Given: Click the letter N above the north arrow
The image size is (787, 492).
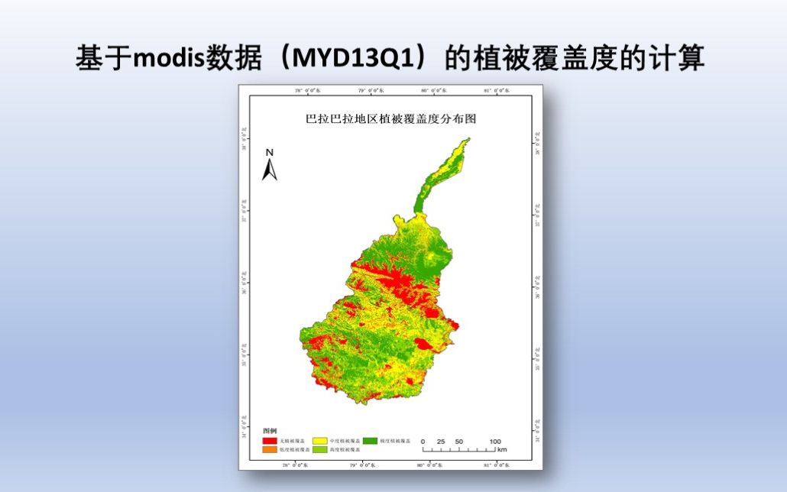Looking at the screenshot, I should click(270, 152).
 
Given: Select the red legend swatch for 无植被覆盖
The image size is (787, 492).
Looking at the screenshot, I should click(269, 441).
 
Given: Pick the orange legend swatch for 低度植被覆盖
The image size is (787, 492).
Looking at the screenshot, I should click(269, 450).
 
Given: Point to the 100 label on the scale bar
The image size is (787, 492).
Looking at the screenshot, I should click(494, 442).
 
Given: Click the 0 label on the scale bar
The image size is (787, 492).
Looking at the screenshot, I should click(423, 442).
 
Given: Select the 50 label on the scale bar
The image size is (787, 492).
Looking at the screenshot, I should click(458, 442).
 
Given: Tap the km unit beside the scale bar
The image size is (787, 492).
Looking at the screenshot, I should click(501, 450).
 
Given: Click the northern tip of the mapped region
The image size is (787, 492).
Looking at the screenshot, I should click(468, 140).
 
